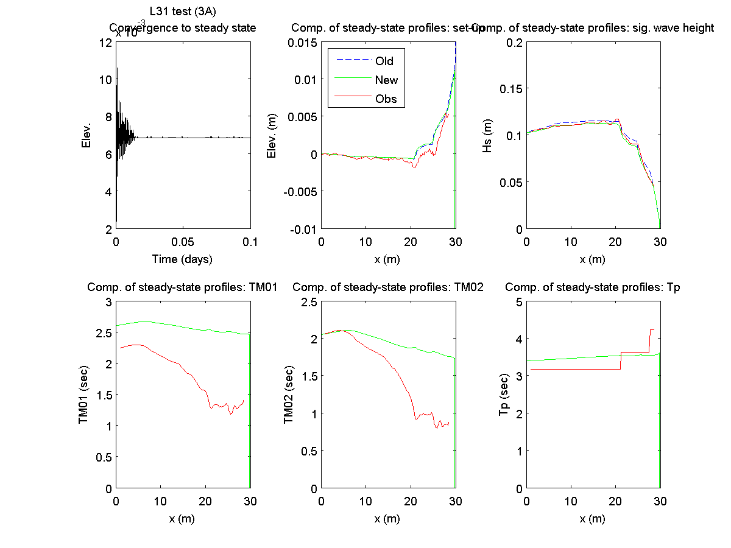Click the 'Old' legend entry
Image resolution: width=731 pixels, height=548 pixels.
[x=384, y=61]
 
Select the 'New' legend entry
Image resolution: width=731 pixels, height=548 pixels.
[x=386, y=80]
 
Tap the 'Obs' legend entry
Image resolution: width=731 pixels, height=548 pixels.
[x=386, y=99]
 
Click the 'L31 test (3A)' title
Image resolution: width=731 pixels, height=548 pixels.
[x=183, y=11]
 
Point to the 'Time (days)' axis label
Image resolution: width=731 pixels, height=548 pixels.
[x=182, y=259]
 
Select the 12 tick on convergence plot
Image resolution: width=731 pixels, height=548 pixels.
[x=104, y=42]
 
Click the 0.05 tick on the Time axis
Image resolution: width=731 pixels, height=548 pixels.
[x=183, y=241]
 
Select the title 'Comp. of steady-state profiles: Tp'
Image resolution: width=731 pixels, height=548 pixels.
[x=593, y=287]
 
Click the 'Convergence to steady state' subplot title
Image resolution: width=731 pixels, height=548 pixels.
[x=182, y=28]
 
